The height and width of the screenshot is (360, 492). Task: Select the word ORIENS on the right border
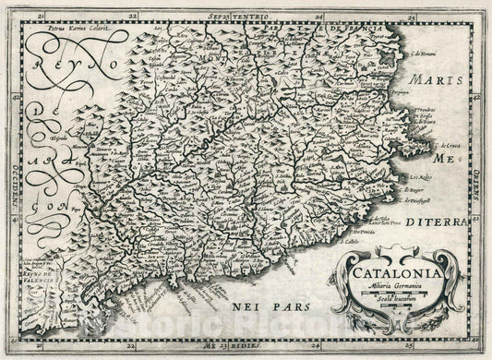480,171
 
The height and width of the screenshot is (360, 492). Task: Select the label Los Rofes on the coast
434,175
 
